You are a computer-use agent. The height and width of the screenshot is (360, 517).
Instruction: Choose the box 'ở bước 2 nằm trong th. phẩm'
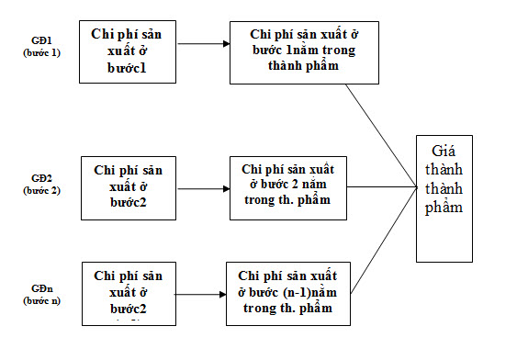[x=288, y=187]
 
